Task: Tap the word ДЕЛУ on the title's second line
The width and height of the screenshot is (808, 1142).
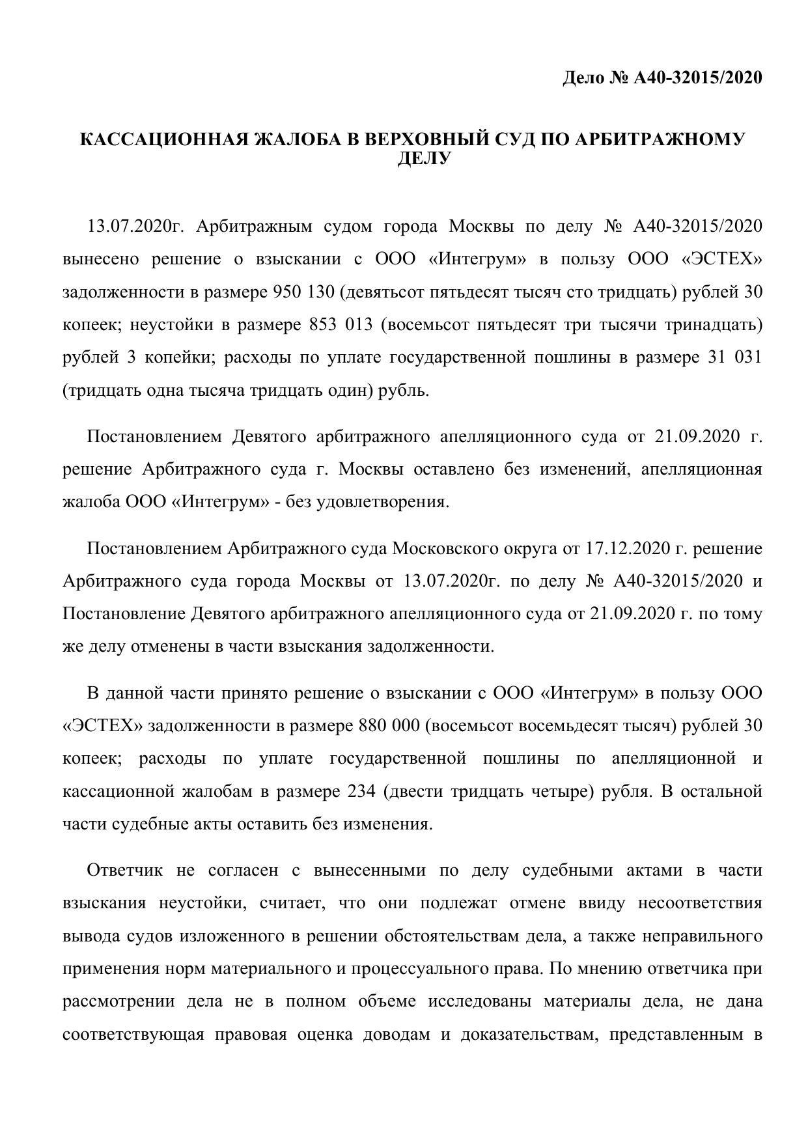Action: click(x=424, y=158)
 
